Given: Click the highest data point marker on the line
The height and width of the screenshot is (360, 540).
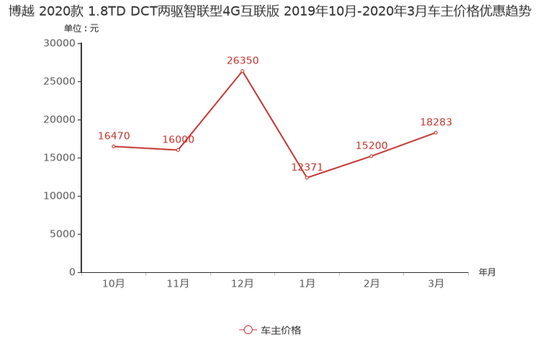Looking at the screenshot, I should coord(242,70).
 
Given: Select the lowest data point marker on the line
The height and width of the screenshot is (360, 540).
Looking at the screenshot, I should coord(307,176).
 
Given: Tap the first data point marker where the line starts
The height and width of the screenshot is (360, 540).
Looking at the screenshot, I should coord(113,147).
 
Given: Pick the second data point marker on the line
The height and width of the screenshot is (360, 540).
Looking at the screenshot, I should coord(179,150).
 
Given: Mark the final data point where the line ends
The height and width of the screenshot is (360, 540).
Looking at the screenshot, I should coord(436,132).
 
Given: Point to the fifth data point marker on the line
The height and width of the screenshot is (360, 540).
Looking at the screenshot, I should coord(371,155).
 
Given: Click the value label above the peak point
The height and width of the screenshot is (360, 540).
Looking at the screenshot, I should coord(242,61).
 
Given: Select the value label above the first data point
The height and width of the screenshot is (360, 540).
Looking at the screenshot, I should coord(113,136).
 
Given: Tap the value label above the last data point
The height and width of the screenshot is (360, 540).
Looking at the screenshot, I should coord(436,121).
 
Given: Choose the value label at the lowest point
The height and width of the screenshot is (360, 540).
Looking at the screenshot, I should coord(307,166).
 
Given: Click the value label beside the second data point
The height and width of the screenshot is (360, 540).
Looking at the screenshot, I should coord(179,139).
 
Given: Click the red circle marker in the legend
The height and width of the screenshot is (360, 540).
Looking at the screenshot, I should coord(248,330).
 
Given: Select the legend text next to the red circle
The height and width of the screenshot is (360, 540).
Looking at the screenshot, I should coord(281,330).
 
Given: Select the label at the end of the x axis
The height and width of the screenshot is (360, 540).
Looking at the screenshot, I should coord(487,273).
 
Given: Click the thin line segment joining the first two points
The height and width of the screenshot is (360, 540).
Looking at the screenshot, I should coord(146,148).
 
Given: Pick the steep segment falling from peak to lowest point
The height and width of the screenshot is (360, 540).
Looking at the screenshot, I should coord(274,123).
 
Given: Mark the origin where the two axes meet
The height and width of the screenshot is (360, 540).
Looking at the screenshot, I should coord(79,273).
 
